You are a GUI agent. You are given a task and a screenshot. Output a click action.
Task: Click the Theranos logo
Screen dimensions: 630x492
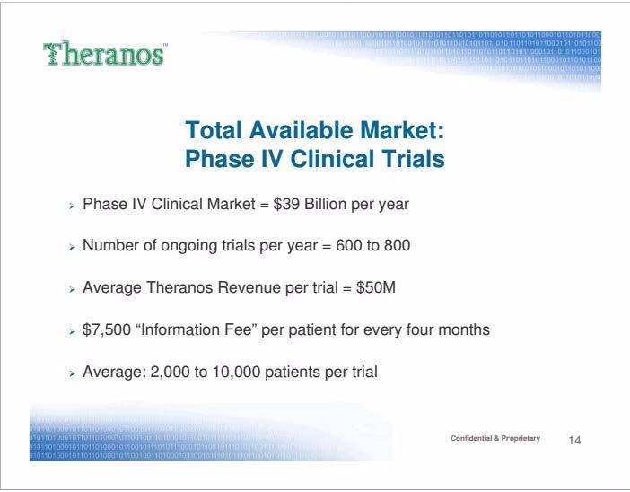(x=105, y=54)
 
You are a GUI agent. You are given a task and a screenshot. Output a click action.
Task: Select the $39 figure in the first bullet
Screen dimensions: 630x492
(x=286, y=204)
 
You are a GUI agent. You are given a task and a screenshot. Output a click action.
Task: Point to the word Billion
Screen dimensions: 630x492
(x=326, y=204)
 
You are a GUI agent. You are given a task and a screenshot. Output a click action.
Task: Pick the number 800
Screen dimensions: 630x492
(x=397, y=246)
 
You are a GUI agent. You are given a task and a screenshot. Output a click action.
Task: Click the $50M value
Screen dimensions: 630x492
(x=376, y=287)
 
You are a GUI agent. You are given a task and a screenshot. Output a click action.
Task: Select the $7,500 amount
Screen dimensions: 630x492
(x=107, y=330)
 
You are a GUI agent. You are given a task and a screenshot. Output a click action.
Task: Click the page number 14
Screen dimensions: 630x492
(x=574, y=441)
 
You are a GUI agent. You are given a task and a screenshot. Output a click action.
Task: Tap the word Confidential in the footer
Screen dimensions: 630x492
(x=471, y=438)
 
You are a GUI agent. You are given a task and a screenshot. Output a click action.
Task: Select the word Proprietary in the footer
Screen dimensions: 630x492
(x=521, y=438)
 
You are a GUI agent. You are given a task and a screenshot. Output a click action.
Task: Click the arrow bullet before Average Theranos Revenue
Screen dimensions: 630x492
(x=72, y=289)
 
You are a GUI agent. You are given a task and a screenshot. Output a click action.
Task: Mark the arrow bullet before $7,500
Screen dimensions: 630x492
(x=72, y=331)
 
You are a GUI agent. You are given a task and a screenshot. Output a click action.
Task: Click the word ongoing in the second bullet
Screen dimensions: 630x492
(x=189, y=246)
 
